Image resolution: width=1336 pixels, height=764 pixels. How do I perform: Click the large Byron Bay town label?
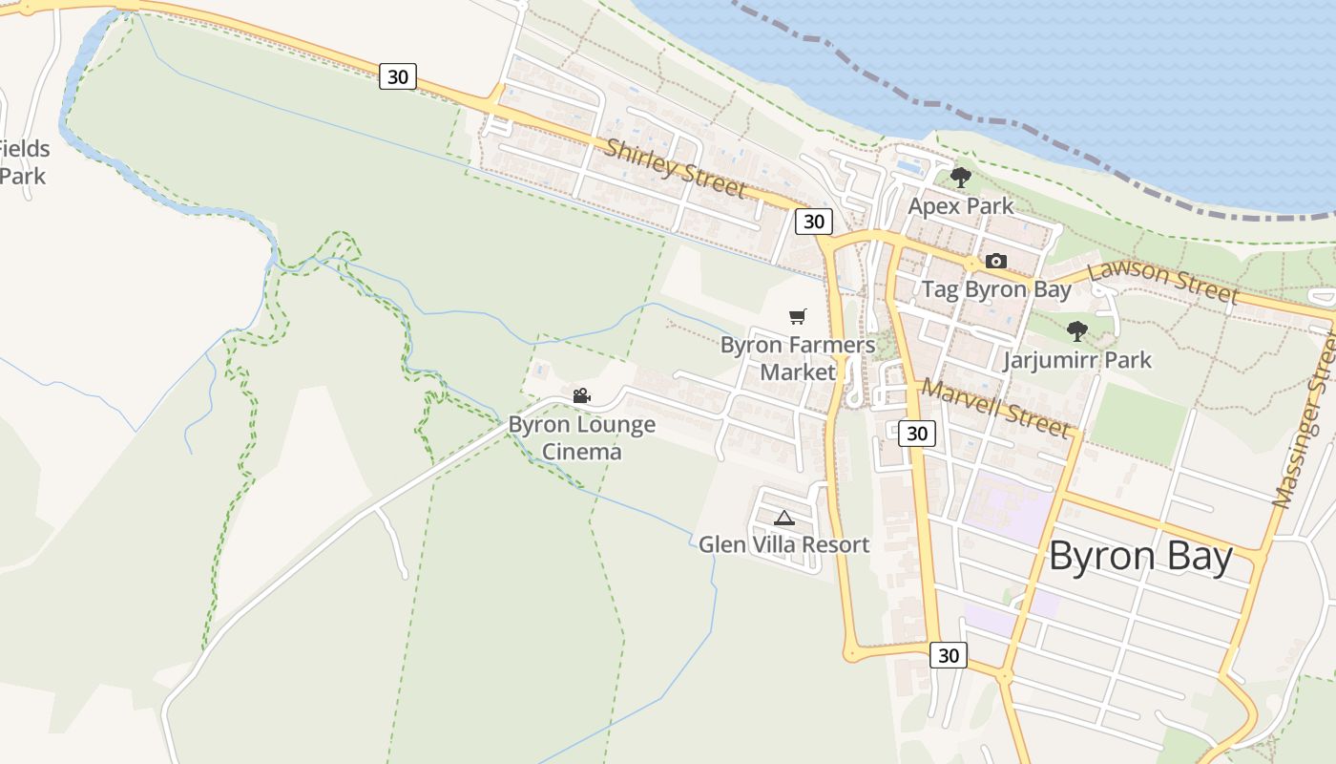[1140, 557]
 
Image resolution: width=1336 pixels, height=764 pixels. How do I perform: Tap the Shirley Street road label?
[675, 168]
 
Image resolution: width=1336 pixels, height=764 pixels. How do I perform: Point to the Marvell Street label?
[995, 408]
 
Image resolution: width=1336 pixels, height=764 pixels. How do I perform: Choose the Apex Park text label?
[961, 206]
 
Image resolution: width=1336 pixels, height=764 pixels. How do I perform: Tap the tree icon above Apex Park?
[960, 177]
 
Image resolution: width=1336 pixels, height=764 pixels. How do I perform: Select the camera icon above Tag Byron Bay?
[995, 261]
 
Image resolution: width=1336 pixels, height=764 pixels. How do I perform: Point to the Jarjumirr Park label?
[1077, 360]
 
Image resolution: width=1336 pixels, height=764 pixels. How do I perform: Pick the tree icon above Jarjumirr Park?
[1077, 331]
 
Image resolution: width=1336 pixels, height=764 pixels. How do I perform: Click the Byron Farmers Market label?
[798, 358]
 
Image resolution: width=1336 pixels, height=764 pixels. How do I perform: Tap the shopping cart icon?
[798, 316]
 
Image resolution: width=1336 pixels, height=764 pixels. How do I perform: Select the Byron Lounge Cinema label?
[581, 437]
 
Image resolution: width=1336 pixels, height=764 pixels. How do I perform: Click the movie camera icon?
[581, 395]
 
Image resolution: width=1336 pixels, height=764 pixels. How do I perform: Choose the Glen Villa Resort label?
[783, 545]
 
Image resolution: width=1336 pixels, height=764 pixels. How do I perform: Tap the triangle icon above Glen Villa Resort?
[784, 519]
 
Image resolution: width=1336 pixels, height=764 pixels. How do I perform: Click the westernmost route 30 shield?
[398, 76]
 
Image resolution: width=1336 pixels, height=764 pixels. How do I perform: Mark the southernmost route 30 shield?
[948, 655]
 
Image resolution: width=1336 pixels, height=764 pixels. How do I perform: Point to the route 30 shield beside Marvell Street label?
[916, 434]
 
